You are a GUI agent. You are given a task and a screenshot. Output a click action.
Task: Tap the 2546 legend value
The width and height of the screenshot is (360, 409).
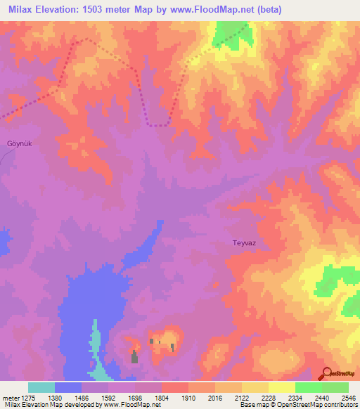click(348, 396)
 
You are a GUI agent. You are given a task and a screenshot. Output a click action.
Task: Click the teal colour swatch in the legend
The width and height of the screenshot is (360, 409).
click(41, 387)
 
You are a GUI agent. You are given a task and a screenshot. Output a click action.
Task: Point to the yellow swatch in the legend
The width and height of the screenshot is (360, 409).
click(281, 387)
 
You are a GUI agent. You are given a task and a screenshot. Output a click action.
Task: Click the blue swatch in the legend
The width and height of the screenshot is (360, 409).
click(68, 387)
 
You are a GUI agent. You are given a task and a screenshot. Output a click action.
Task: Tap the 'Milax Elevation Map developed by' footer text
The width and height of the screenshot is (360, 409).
click(50, 405)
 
